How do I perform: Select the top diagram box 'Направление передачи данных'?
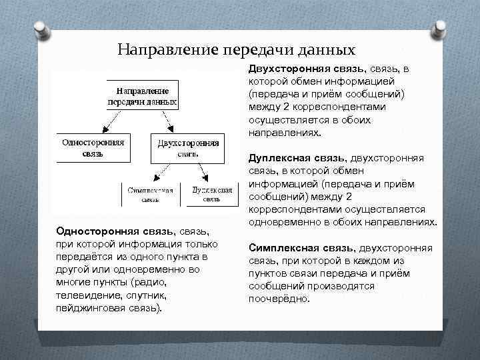pos(142,96)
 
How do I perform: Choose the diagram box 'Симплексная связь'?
pos(150,194)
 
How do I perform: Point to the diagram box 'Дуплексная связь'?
pos(211,194)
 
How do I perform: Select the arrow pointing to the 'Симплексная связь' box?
pos(161,172)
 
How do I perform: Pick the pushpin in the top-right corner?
pos(440,28)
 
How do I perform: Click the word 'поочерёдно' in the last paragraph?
pos(279,298)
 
